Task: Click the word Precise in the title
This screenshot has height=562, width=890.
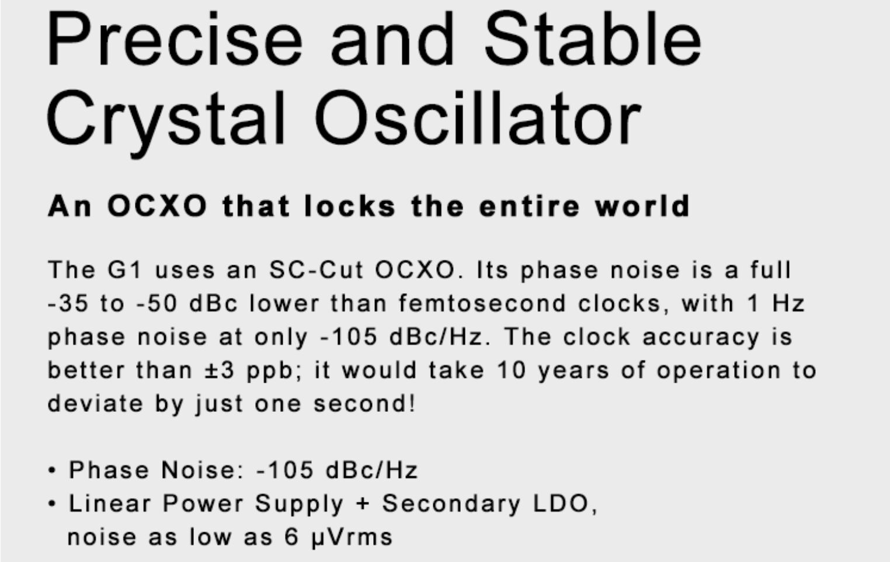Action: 175,39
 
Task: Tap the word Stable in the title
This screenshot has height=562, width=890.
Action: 593,38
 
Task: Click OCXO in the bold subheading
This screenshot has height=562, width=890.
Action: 157,206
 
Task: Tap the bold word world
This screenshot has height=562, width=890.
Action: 642,206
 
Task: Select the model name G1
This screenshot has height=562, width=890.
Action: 125,270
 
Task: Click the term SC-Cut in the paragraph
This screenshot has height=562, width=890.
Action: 317,270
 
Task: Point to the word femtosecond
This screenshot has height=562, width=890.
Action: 482,303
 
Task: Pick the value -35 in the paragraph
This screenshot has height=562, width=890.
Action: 68,304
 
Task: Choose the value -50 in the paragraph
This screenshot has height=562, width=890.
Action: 157,304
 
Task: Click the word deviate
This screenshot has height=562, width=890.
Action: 95,404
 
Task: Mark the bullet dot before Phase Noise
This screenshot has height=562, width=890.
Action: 51,470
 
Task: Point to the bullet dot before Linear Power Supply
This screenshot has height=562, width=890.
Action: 51,504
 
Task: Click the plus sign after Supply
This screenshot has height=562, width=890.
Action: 363,504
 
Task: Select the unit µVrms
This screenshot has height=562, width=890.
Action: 352,537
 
